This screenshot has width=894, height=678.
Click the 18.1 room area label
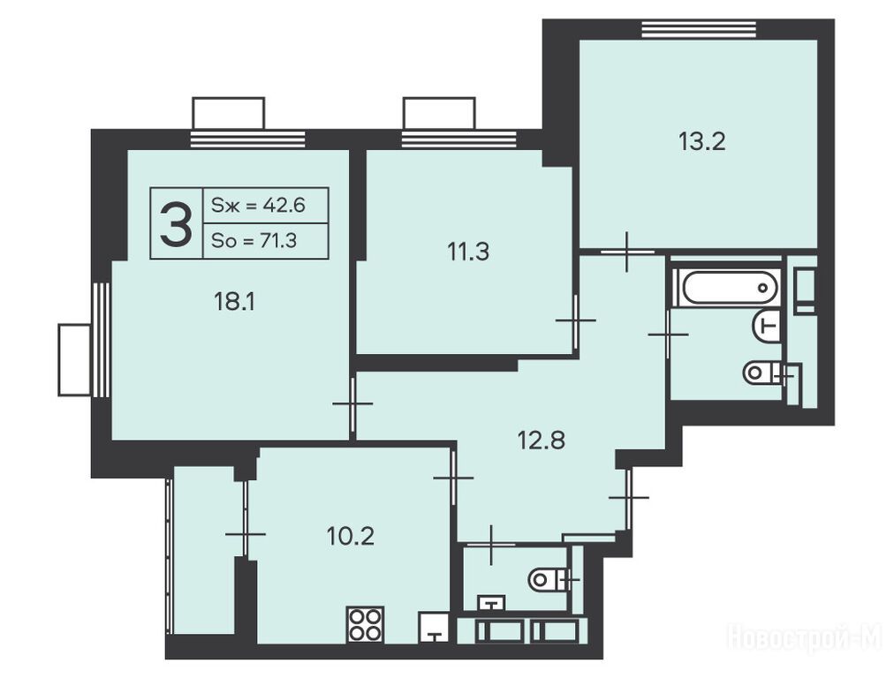coord(234,301)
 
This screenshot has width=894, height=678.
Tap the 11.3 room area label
coord(468,252)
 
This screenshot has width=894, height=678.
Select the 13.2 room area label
coord(701,140)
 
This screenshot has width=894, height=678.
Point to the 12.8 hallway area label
coord(541,440)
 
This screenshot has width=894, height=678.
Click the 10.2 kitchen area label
coord(351,536)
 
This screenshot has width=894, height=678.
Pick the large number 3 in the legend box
coord(176,225)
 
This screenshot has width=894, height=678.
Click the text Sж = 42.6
coord(258,205)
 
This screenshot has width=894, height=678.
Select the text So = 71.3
coord(254,241)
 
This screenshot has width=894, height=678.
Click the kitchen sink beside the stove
coord(436,628)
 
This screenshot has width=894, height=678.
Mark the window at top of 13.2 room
coord(699,29)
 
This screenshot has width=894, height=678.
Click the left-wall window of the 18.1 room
coord(101,340)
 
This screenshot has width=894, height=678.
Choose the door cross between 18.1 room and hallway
coord(353,404)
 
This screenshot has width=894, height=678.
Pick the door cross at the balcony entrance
coord(246,534)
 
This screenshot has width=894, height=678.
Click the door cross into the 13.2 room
coord(627,252)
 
